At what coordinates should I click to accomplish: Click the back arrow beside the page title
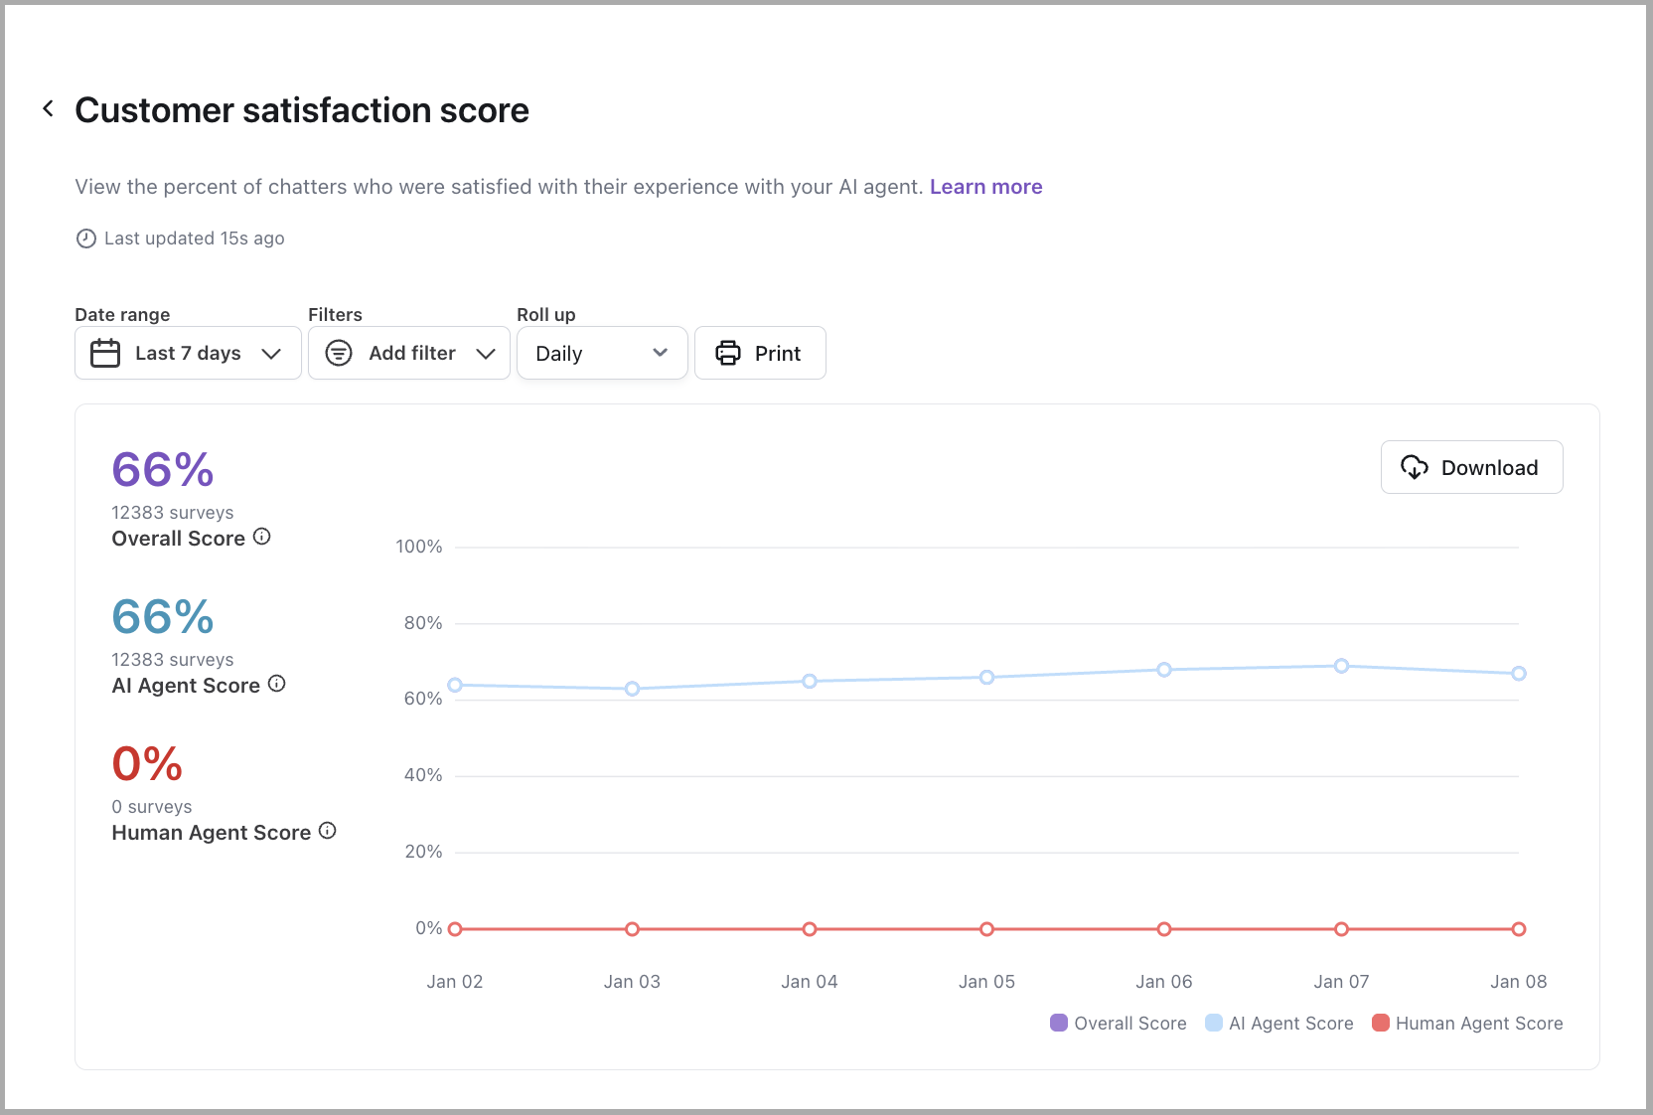[48, 109]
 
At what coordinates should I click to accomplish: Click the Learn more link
[985, 187]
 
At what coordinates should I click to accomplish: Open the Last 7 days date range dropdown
[188, 353]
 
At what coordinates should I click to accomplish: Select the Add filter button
[409, 353]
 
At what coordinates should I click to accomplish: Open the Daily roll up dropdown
[602, 353]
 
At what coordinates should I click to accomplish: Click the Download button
[1471, 467]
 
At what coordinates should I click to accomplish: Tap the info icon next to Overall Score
[262, 537]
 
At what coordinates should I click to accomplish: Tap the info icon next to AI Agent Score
[277, 684]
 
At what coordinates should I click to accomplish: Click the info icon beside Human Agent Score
[328, 831]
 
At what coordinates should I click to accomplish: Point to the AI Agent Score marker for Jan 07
[1342, 666]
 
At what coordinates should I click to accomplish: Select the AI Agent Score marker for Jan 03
[633, 689]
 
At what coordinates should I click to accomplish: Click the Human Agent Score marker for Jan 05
[986, 929]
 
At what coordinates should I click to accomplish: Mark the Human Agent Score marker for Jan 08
[1519, 929]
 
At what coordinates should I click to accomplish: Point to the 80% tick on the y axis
[423, 623]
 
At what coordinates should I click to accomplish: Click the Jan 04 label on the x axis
[810, 982]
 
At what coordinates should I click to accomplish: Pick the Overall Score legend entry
[1118, 1024]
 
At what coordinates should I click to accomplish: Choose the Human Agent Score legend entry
[1467, 1024]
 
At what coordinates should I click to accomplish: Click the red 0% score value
[147, 763]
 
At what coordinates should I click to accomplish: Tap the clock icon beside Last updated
[86, 239]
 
